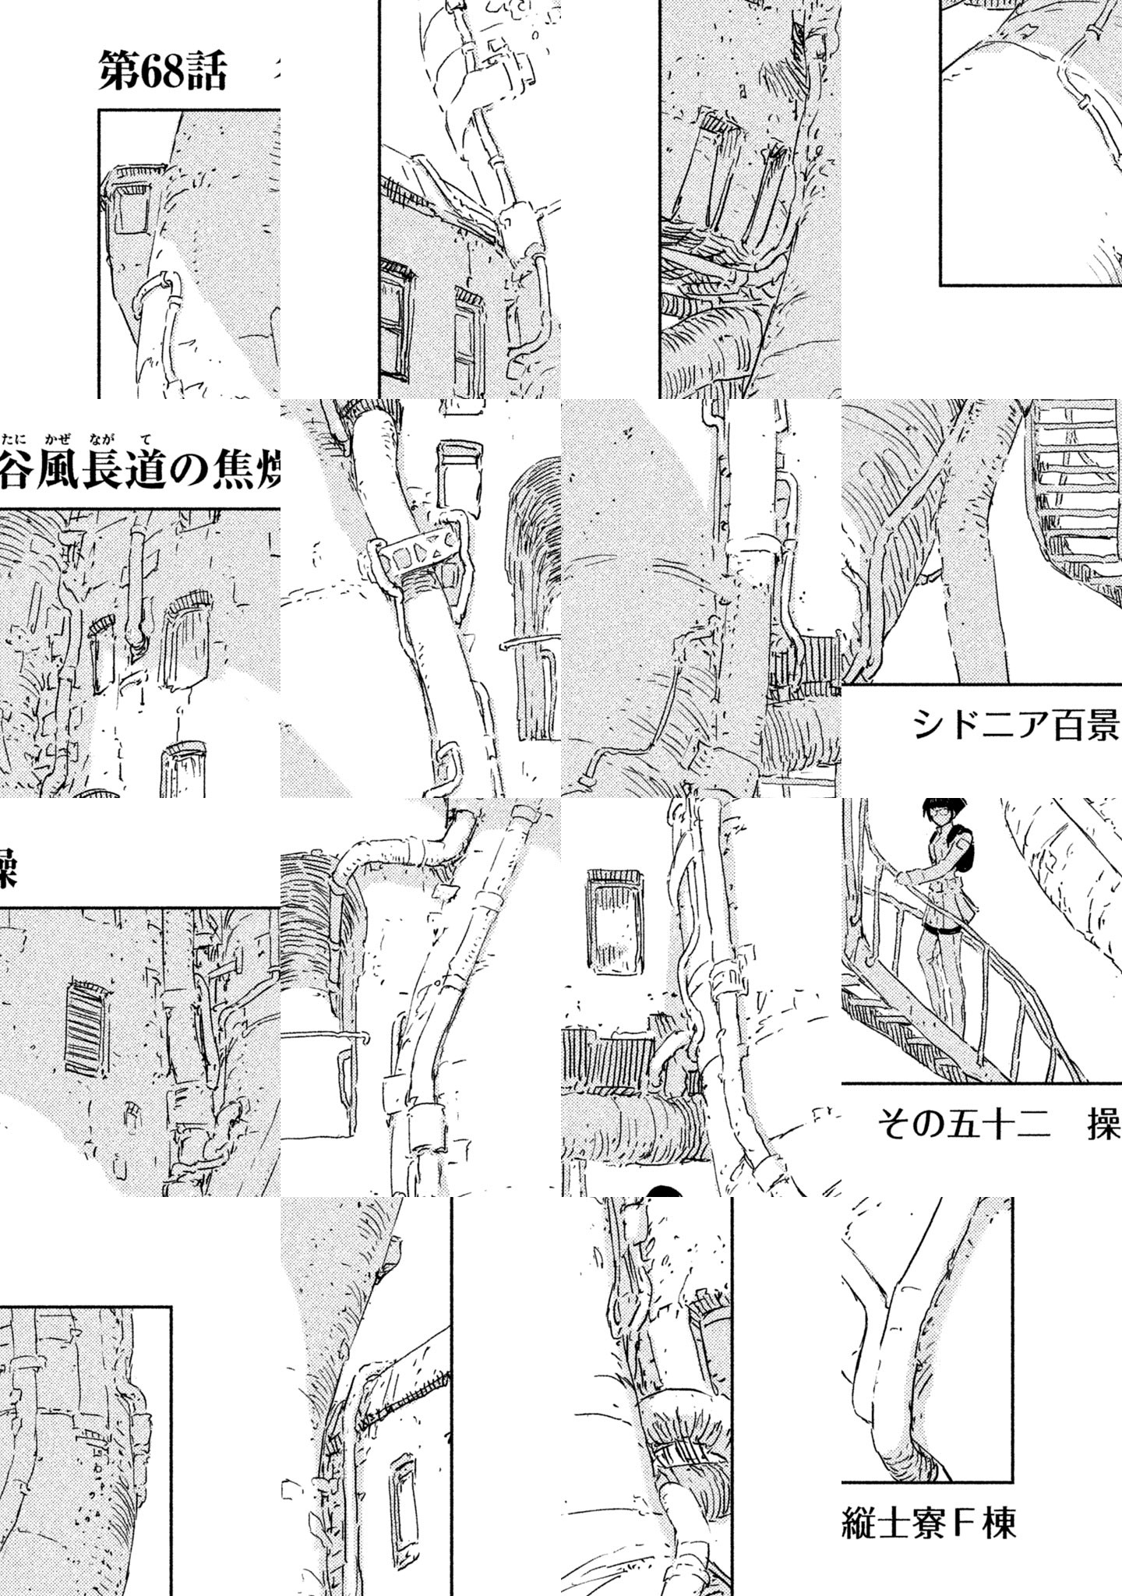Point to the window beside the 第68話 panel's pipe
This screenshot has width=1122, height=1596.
pyautogui.click(x=130, y=207)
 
